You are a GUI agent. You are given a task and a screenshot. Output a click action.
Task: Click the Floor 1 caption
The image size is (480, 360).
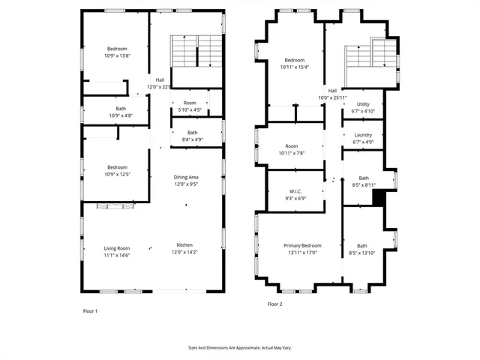[x=90, y=310]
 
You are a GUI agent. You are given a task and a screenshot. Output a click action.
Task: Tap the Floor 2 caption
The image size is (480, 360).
[x=274, y=304]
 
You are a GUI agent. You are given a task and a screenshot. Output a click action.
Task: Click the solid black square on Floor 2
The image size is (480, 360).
[x=379, y=196]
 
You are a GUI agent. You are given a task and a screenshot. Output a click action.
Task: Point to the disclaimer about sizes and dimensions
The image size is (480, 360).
[x=239, y=347]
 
